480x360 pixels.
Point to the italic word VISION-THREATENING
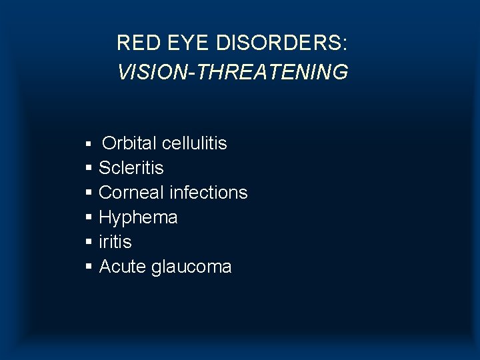click(x=233, y=72)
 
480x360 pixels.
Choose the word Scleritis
click(x=131, y=168)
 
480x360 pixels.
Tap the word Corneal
click(x=131, y=193)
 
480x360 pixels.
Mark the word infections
click(x=209, y=193)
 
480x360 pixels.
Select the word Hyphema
click(x=138, y=217)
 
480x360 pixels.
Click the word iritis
click(x=115, y=242)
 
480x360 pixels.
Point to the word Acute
click(x=123, y=267)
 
